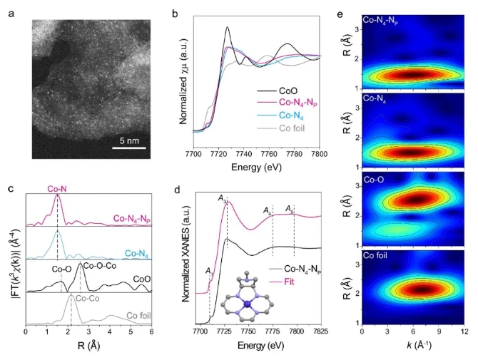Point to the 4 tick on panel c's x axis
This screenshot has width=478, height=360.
(x=110, y=331)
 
